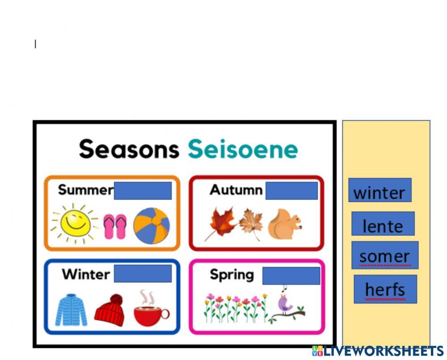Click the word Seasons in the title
click(x=129, y=149)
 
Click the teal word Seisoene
click(x=243, y=149)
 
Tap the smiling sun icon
click(x=74, y=222)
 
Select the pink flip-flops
click(x=115, y=226)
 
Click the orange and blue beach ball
click(x=152, y=226)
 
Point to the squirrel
click(x=284, y=224)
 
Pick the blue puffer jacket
click(x=71, y=310)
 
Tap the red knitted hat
click(x=110, y=310)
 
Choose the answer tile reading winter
click(x=380, y=191)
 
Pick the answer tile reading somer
click(x=384, y=255)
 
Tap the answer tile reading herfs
click(x=385, y=289)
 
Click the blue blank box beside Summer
click(x=143, y=191)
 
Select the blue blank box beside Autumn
click(x=291, y=191)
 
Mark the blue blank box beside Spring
click(x=291, y=276)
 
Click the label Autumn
click(x=236, y=190)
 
